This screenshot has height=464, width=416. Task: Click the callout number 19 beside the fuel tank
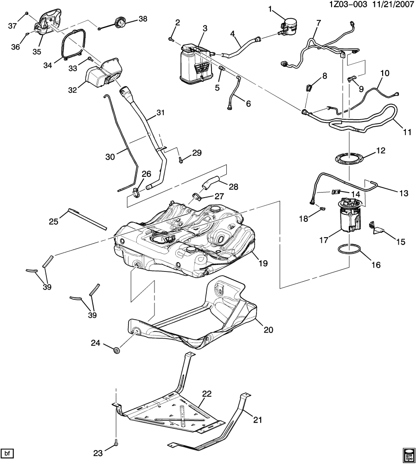click(263, 263)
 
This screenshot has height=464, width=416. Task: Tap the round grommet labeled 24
click(117, 349)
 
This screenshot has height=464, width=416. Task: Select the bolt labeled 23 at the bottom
click(115, 444)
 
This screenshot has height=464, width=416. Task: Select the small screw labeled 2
click(171, 40)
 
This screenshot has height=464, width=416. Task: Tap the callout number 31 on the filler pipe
click(160, 113)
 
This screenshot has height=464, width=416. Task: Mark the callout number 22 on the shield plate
click(207, 393)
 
